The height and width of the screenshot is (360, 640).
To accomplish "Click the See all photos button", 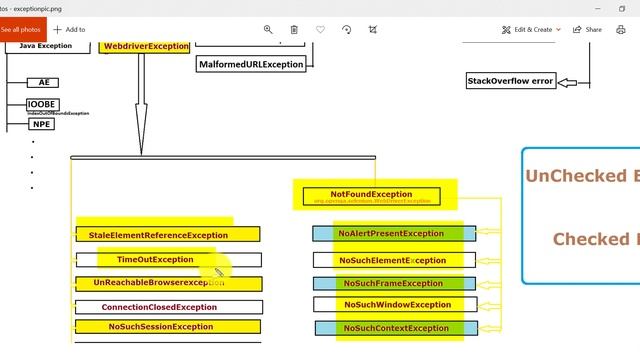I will (x=20, y=29).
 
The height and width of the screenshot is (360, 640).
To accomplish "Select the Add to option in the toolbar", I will (x=69, y=30).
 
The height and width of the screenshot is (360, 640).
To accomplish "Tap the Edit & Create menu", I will (x=531, y=30).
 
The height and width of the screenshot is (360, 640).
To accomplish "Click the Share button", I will (x=588, y=30).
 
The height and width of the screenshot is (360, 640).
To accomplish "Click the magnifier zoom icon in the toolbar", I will (x=268, y=30).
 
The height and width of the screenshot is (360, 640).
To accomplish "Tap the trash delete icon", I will (x=294, y=30).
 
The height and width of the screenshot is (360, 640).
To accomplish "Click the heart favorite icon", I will (x=320, y=30).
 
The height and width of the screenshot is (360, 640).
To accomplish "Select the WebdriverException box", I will (x=146, y=46).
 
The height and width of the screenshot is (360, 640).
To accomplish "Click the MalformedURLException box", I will (x=251, y=64).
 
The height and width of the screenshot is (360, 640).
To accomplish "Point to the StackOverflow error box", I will (x=510, y=81).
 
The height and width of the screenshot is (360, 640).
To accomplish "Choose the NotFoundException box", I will (x=371, y=194).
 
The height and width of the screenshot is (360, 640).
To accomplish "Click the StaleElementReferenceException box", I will (x=167, y=235).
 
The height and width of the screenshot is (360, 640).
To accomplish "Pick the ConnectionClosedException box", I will (x=167, y=307).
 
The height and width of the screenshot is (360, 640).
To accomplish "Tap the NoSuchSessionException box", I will (x=167, y=327).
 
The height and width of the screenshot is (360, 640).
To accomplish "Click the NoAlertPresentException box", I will (x=392, y=234).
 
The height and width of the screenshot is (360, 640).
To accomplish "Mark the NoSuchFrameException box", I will (x=392, y=284).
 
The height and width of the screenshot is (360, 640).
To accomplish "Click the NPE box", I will (x=41, y=124).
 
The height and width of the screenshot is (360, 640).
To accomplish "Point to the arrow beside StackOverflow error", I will (x=571, y=82).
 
